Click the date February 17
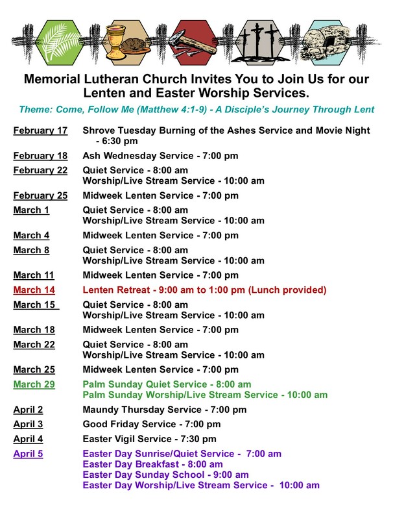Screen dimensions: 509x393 (x=40, y=130)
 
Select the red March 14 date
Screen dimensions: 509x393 (x=34, y=290)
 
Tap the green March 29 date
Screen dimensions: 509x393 (x=34, y=384)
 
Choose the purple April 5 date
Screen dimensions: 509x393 (x=29, y=454)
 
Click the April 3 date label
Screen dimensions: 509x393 (x=29, y=424)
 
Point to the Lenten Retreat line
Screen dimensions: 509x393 (x=204, y=290)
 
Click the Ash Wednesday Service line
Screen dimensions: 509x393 (x=160, y=156)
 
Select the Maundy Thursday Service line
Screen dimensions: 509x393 (x=165, y=410)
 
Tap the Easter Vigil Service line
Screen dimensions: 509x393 (x=149, y=439)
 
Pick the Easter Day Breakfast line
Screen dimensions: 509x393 (x=152, y=464)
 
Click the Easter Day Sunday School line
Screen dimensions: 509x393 (x=165, y=475)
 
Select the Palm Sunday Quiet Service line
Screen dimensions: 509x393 (x=167, y=384)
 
